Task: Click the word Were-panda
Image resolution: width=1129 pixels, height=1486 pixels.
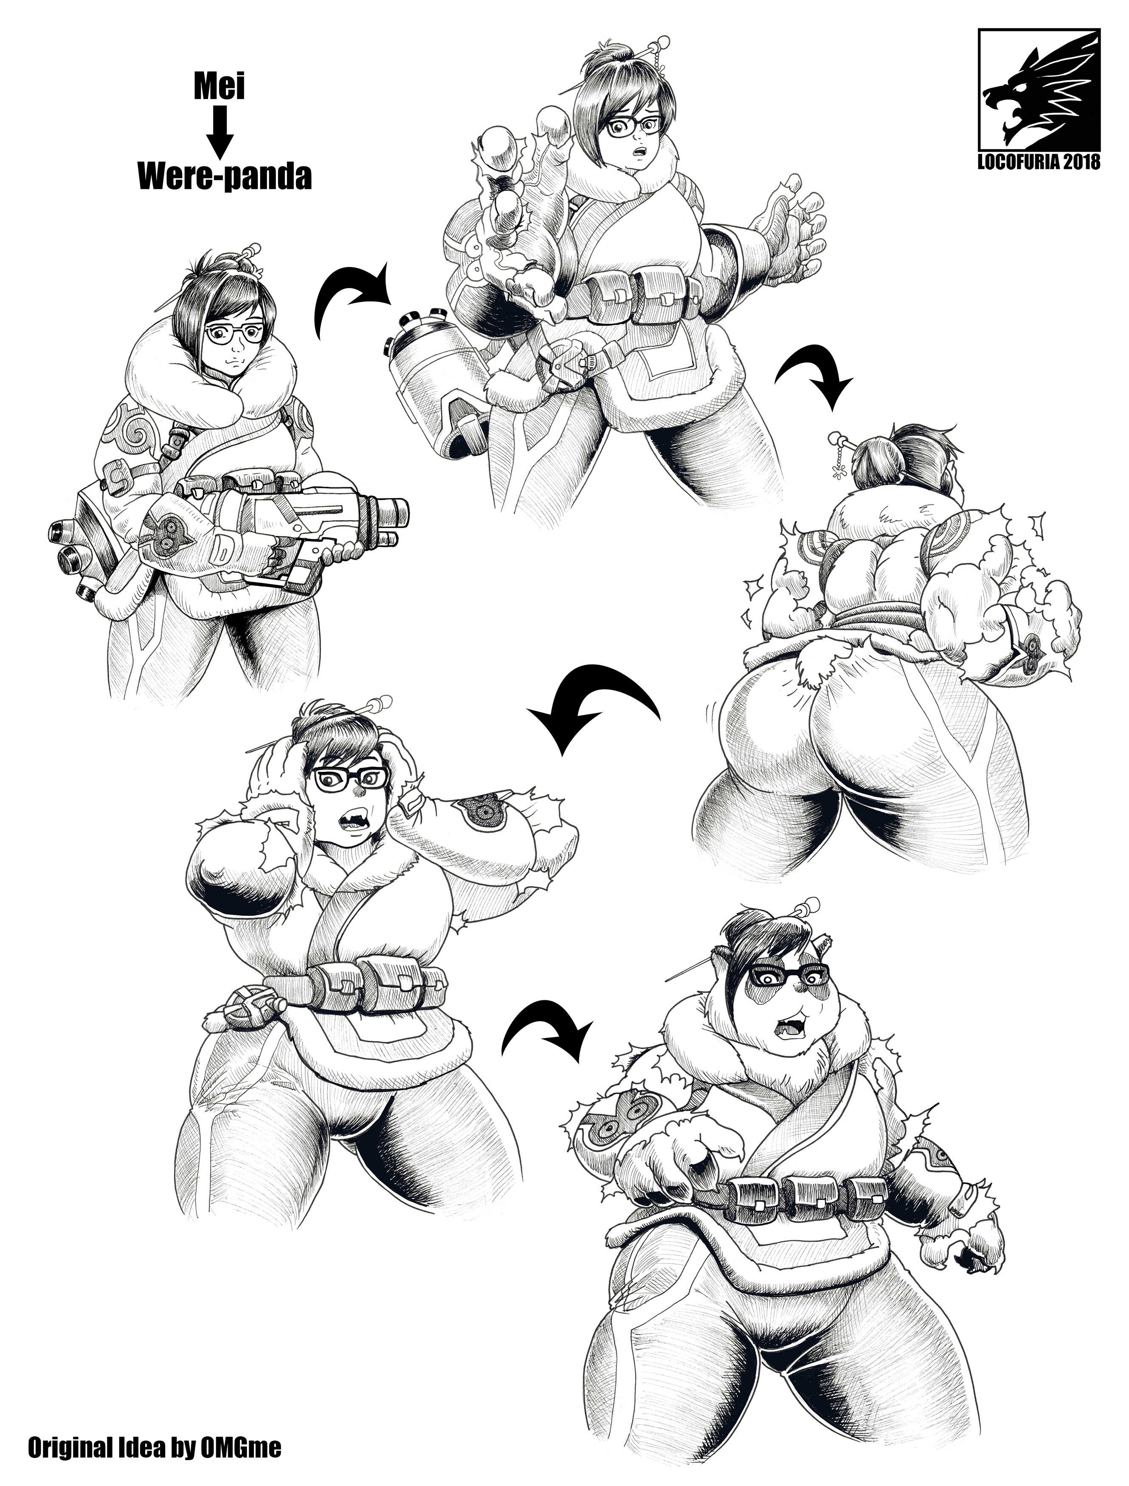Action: coord(225,177)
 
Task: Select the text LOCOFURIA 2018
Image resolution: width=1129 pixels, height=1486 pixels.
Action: coord(1039,162)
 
